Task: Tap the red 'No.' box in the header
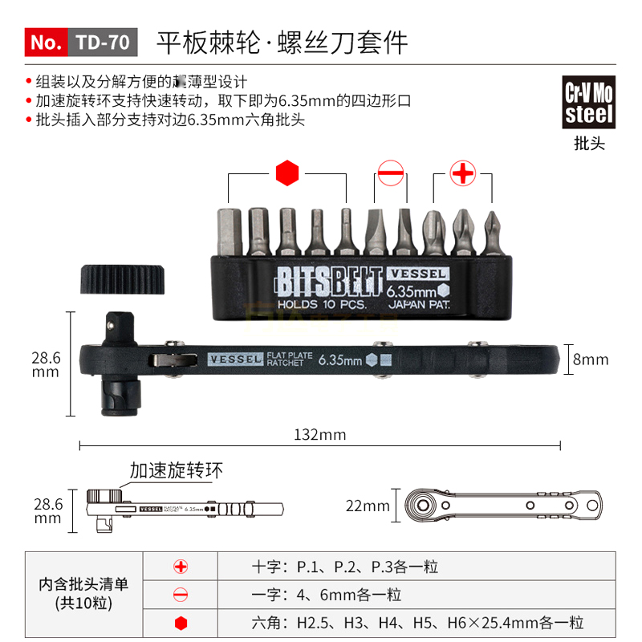tap(47, 43)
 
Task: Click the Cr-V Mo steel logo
tap(589, 103)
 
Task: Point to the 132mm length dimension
tap(319, 434)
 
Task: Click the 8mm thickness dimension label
tap(590, 360)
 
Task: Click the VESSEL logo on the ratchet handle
tap(235, 360)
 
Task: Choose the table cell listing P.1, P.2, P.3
tap(345, 567)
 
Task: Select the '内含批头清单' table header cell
tap(83, 594)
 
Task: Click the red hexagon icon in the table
tap(181, 623)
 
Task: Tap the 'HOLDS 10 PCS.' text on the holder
tap(322, 305)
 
